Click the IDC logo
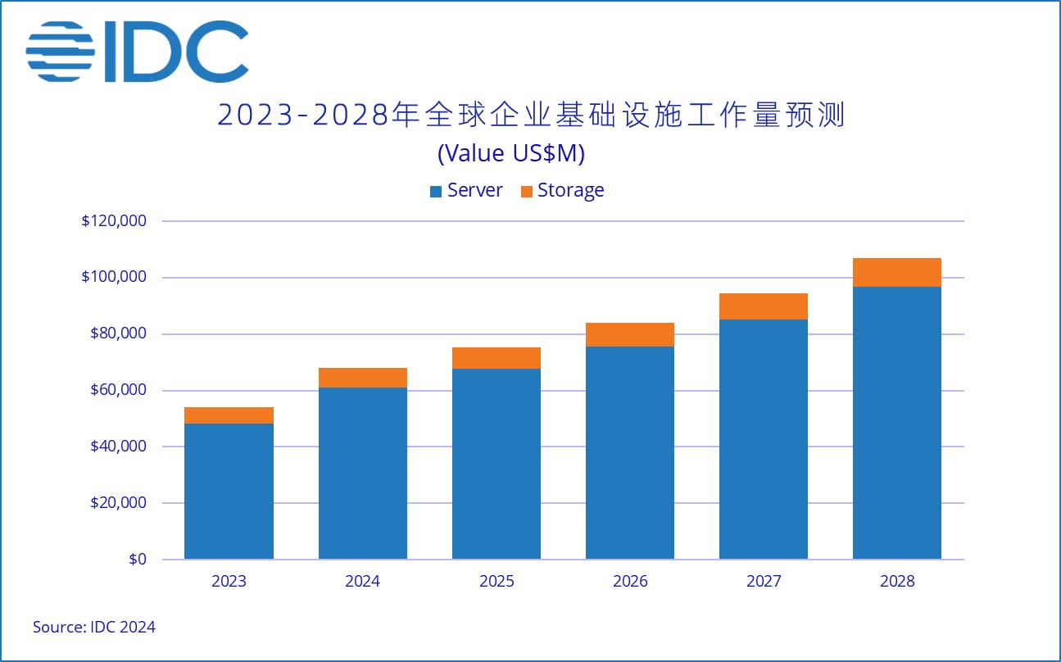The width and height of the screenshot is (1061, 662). click(137, 51)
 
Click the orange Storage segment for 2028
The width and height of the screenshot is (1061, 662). click(896, 272)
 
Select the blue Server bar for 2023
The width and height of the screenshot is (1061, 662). click(229, 492)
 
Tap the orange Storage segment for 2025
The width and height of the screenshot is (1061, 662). click(496, 358)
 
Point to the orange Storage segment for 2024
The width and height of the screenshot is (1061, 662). click(362, 378)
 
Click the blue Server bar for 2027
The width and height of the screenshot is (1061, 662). click(763, 439)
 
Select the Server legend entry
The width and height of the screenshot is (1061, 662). click(466, 191)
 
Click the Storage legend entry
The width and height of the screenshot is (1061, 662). click(562, 191)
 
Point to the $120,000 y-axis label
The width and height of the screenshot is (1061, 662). click(114, 221)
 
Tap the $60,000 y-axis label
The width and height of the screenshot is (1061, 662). click(117, 390)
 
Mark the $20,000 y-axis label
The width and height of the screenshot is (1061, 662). click(117, 503)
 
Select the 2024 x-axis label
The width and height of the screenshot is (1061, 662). click(362, 582)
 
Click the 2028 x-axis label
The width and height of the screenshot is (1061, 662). click(896, 582)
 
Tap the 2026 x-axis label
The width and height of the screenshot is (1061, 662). click(629, 582)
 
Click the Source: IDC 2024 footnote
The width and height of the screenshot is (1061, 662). click(93, 628)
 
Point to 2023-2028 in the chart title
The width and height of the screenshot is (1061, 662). click(302, 116)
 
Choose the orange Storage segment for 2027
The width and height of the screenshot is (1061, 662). click(763, 306)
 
